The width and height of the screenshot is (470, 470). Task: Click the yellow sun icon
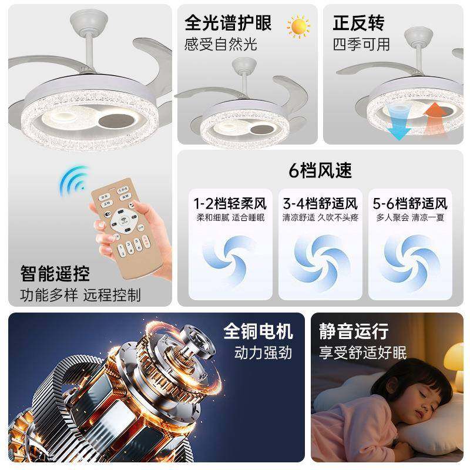(x=298, y=26)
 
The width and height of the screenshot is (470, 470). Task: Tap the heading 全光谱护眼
(x=229, y=23)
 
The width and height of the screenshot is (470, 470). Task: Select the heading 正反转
(x=358, y=23)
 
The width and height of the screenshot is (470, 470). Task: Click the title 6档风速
(x=320, y=170)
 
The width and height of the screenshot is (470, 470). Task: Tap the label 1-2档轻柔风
(x=230, y=204)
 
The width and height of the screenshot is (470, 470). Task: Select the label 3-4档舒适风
(x=320, y=204)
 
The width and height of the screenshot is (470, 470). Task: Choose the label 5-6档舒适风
(x=410, y=204)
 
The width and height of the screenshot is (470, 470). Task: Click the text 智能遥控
(x=55, y=273)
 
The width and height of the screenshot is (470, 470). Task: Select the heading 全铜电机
(x=258, y=331)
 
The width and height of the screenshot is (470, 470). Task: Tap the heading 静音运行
(x=354, y=331)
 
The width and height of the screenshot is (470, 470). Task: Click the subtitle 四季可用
(x=361, y=44)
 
